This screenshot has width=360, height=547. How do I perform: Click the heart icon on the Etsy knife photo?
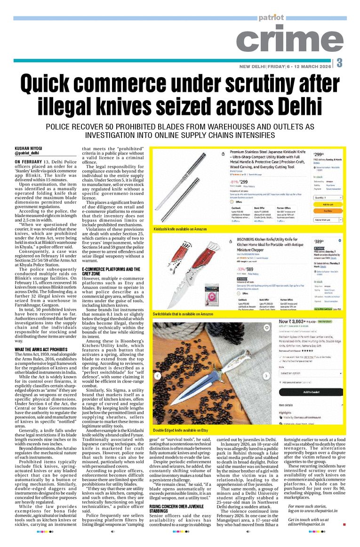click(267, 331)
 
